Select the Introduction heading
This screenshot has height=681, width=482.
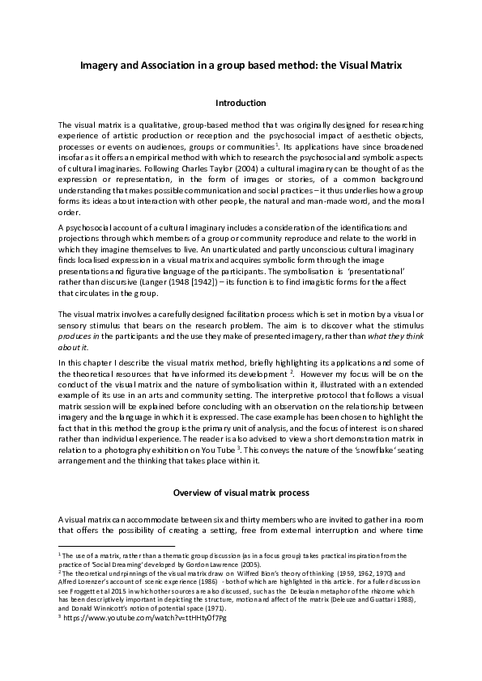(x=241, y=103)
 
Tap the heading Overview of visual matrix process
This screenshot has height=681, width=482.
(x=241, y=493)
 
